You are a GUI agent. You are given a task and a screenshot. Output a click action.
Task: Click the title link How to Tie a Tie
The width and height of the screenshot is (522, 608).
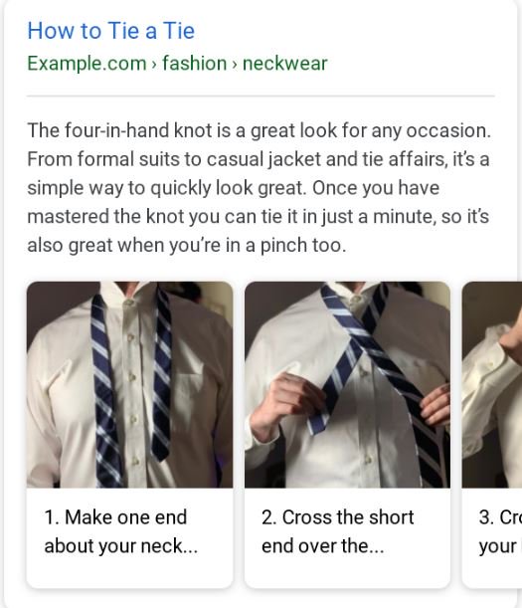110,31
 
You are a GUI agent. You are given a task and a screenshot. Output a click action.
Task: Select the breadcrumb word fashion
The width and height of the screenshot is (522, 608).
194,64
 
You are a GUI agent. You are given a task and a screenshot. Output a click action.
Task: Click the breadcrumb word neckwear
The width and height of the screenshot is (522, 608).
284,64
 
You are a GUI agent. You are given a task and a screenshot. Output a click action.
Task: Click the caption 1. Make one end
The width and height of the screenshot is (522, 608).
115,517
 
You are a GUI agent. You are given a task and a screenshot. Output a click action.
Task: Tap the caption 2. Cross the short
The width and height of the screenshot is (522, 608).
337,517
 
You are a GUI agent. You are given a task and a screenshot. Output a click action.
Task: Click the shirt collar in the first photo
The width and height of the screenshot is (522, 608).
129,299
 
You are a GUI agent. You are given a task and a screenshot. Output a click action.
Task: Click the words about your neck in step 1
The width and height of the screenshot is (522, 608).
120,546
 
